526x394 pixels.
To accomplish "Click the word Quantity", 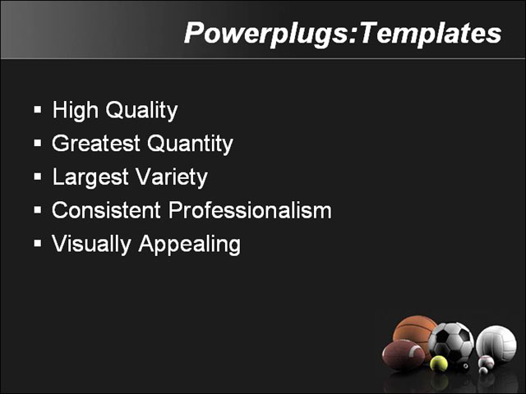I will click(x=190, y=144).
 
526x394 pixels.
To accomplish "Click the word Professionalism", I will click(x=250, y=211).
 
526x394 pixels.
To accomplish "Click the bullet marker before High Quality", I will click(x=38, y=109).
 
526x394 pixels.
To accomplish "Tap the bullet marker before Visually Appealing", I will click(x=38, y=244).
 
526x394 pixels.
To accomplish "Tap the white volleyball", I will click(x=496, y=343).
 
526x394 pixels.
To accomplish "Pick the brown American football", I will click(x=403, y=355).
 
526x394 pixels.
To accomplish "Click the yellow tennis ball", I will click(x=439, y=362).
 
